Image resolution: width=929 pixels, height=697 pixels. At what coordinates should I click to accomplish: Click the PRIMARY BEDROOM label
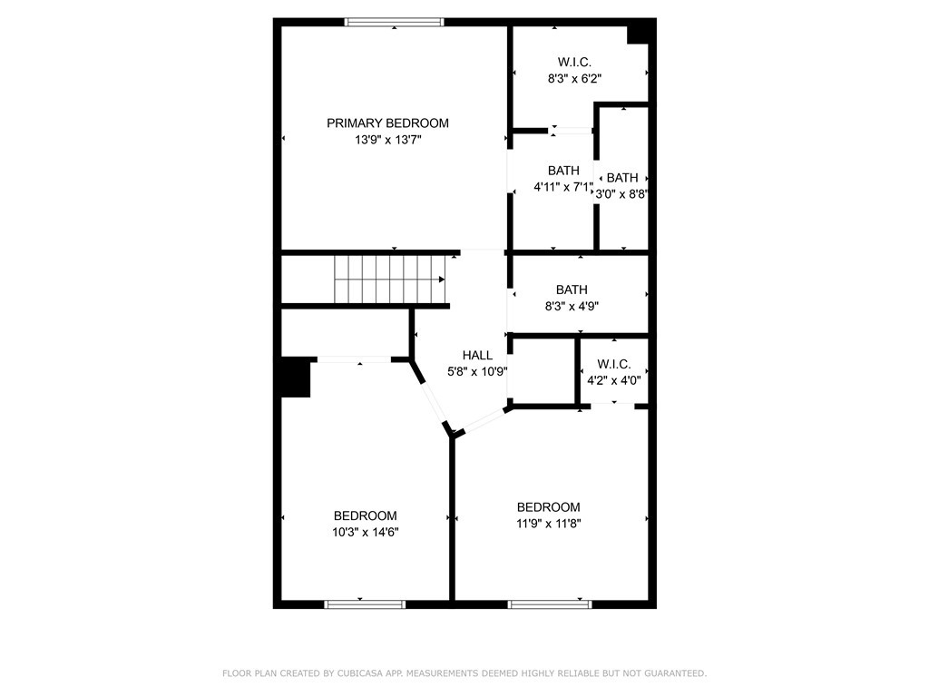click(387, 123)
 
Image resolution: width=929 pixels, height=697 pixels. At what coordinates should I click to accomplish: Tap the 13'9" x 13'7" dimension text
click(387, 140)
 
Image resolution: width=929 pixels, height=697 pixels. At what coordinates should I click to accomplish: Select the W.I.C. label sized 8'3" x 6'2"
click(574, 62)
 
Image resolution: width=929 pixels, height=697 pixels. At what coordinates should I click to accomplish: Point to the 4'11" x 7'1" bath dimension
click(562, 187)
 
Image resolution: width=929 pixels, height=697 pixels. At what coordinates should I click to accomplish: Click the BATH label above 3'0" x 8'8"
click(622, 178)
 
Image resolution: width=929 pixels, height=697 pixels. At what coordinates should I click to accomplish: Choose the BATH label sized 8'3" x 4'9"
click(572, 290)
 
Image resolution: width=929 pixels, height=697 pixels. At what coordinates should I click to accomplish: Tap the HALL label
click(477, 355)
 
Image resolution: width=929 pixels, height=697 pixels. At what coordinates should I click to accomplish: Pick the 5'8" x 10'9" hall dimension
click(477, 371)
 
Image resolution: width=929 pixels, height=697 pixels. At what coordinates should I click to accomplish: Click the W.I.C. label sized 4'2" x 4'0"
click(614, 364)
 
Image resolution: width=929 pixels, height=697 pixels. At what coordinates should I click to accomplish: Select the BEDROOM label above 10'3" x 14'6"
click(365, 515)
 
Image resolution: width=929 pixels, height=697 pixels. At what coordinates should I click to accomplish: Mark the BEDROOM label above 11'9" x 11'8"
click(549, 506)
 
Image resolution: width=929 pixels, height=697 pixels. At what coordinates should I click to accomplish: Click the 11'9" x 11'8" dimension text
click(549, 524)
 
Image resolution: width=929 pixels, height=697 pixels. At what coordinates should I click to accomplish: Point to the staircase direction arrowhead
click(442, 280)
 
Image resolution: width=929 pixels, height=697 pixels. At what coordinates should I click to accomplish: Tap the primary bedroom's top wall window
click(394, 23)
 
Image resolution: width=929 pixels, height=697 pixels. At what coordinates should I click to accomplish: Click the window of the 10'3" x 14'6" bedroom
click(365, 604)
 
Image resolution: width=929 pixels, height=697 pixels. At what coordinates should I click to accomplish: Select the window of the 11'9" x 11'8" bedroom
click(550, 604)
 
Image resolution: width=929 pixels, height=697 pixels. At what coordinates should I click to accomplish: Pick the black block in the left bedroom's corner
click(295, 377)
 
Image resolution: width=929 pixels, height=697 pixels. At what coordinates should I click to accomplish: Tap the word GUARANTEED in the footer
click(676, 673)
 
